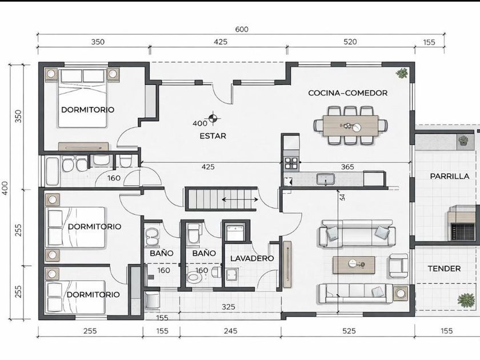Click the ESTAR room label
point(213,136)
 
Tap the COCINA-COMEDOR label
point(348,93)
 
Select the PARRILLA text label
point(449,177)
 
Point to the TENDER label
point(444,269)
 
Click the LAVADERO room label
point(252,258)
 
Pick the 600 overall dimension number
point(242,29)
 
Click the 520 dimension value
point(350,42)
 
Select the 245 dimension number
point(230,331)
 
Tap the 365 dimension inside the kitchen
point(347,167)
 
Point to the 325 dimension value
point(229,307)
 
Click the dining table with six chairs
point(350,126)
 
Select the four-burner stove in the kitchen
point(291,163)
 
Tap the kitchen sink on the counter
point(325,179)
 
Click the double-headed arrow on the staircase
point(240,200)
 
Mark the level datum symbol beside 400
point(213,118)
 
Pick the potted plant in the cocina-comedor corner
point(401,74)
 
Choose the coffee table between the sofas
point(354,265)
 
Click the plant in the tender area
point(466,299)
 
